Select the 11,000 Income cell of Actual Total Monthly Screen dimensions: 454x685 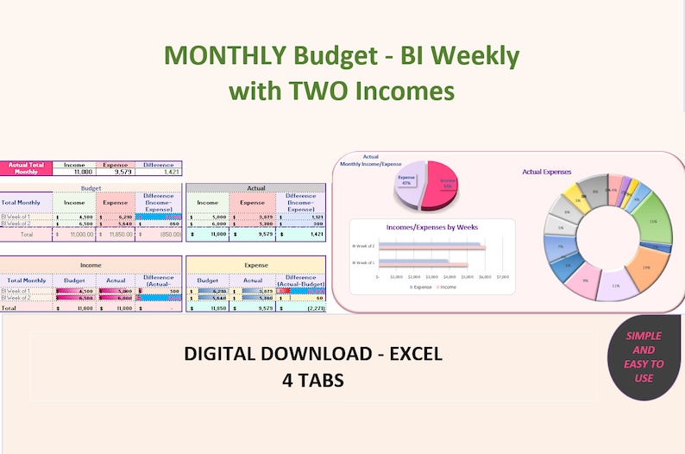pyautogui.click(x=73, y=171)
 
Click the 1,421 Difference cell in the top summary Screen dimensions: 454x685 pyautogui.click(x=160, y=171)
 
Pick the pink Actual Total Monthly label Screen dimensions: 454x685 pyautogui.click(x=25, y=167)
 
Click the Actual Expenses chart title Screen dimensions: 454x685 pyautogui.click(x=547, y=172)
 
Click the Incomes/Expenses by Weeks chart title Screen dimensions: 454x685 pyautogui.click(x=432, y=226)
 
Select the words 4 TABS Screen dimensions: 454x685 pyautogui.click(x=312, y=380)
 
